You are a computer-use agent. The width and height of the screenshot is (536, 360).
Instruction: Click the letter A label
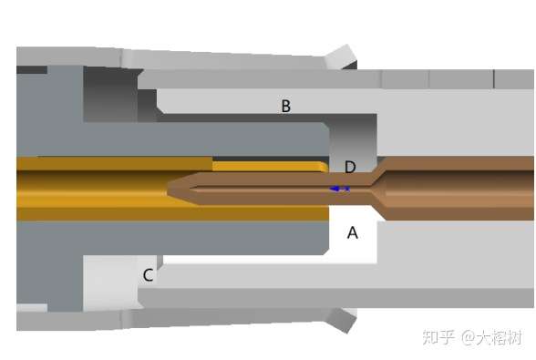coord(353,232)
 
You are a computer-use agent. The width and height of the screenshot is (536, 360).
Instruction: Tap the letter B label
coord(285,107)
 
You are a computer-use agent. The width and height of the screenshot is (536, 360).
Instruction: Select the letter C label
coord(148,275)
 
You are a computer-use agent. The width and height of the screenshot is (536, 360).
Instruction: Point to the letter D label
coord(349,167)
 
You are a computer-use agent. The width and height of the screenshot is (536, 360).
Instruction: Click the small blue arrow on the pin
coord(339,189)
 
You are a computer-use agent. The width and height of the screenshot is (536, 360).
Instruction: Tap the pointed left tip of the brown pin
coord(170,190)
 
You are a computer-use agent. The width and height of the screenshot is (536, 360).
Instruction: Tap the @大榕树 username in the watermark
coord(492,337)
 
